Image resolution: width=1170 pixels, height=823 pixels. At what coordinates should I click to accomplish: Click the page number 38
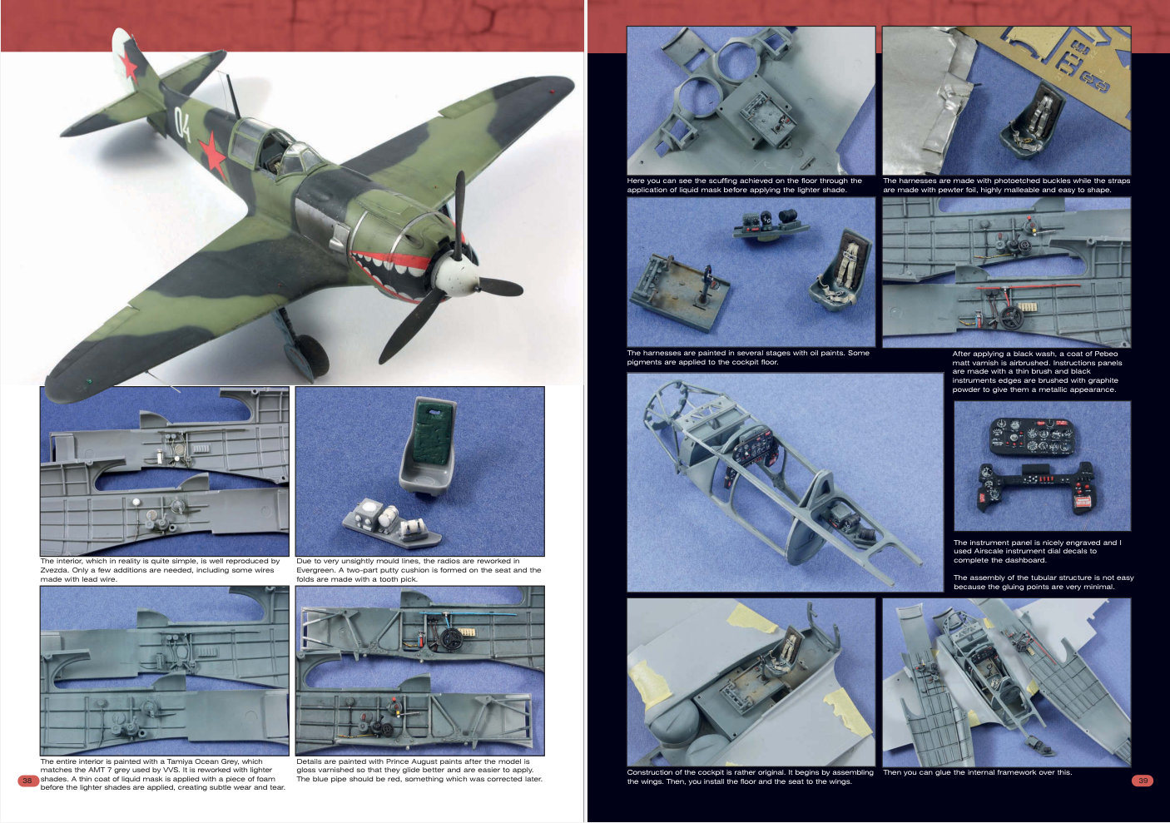coord(27,781)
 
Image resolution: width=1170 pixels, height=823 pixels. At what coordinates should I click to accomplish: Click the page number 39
coord(1143,781)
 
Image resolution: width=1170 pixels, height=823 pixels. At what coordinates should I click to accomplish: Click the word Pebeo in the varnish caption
coord(1107,354)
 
